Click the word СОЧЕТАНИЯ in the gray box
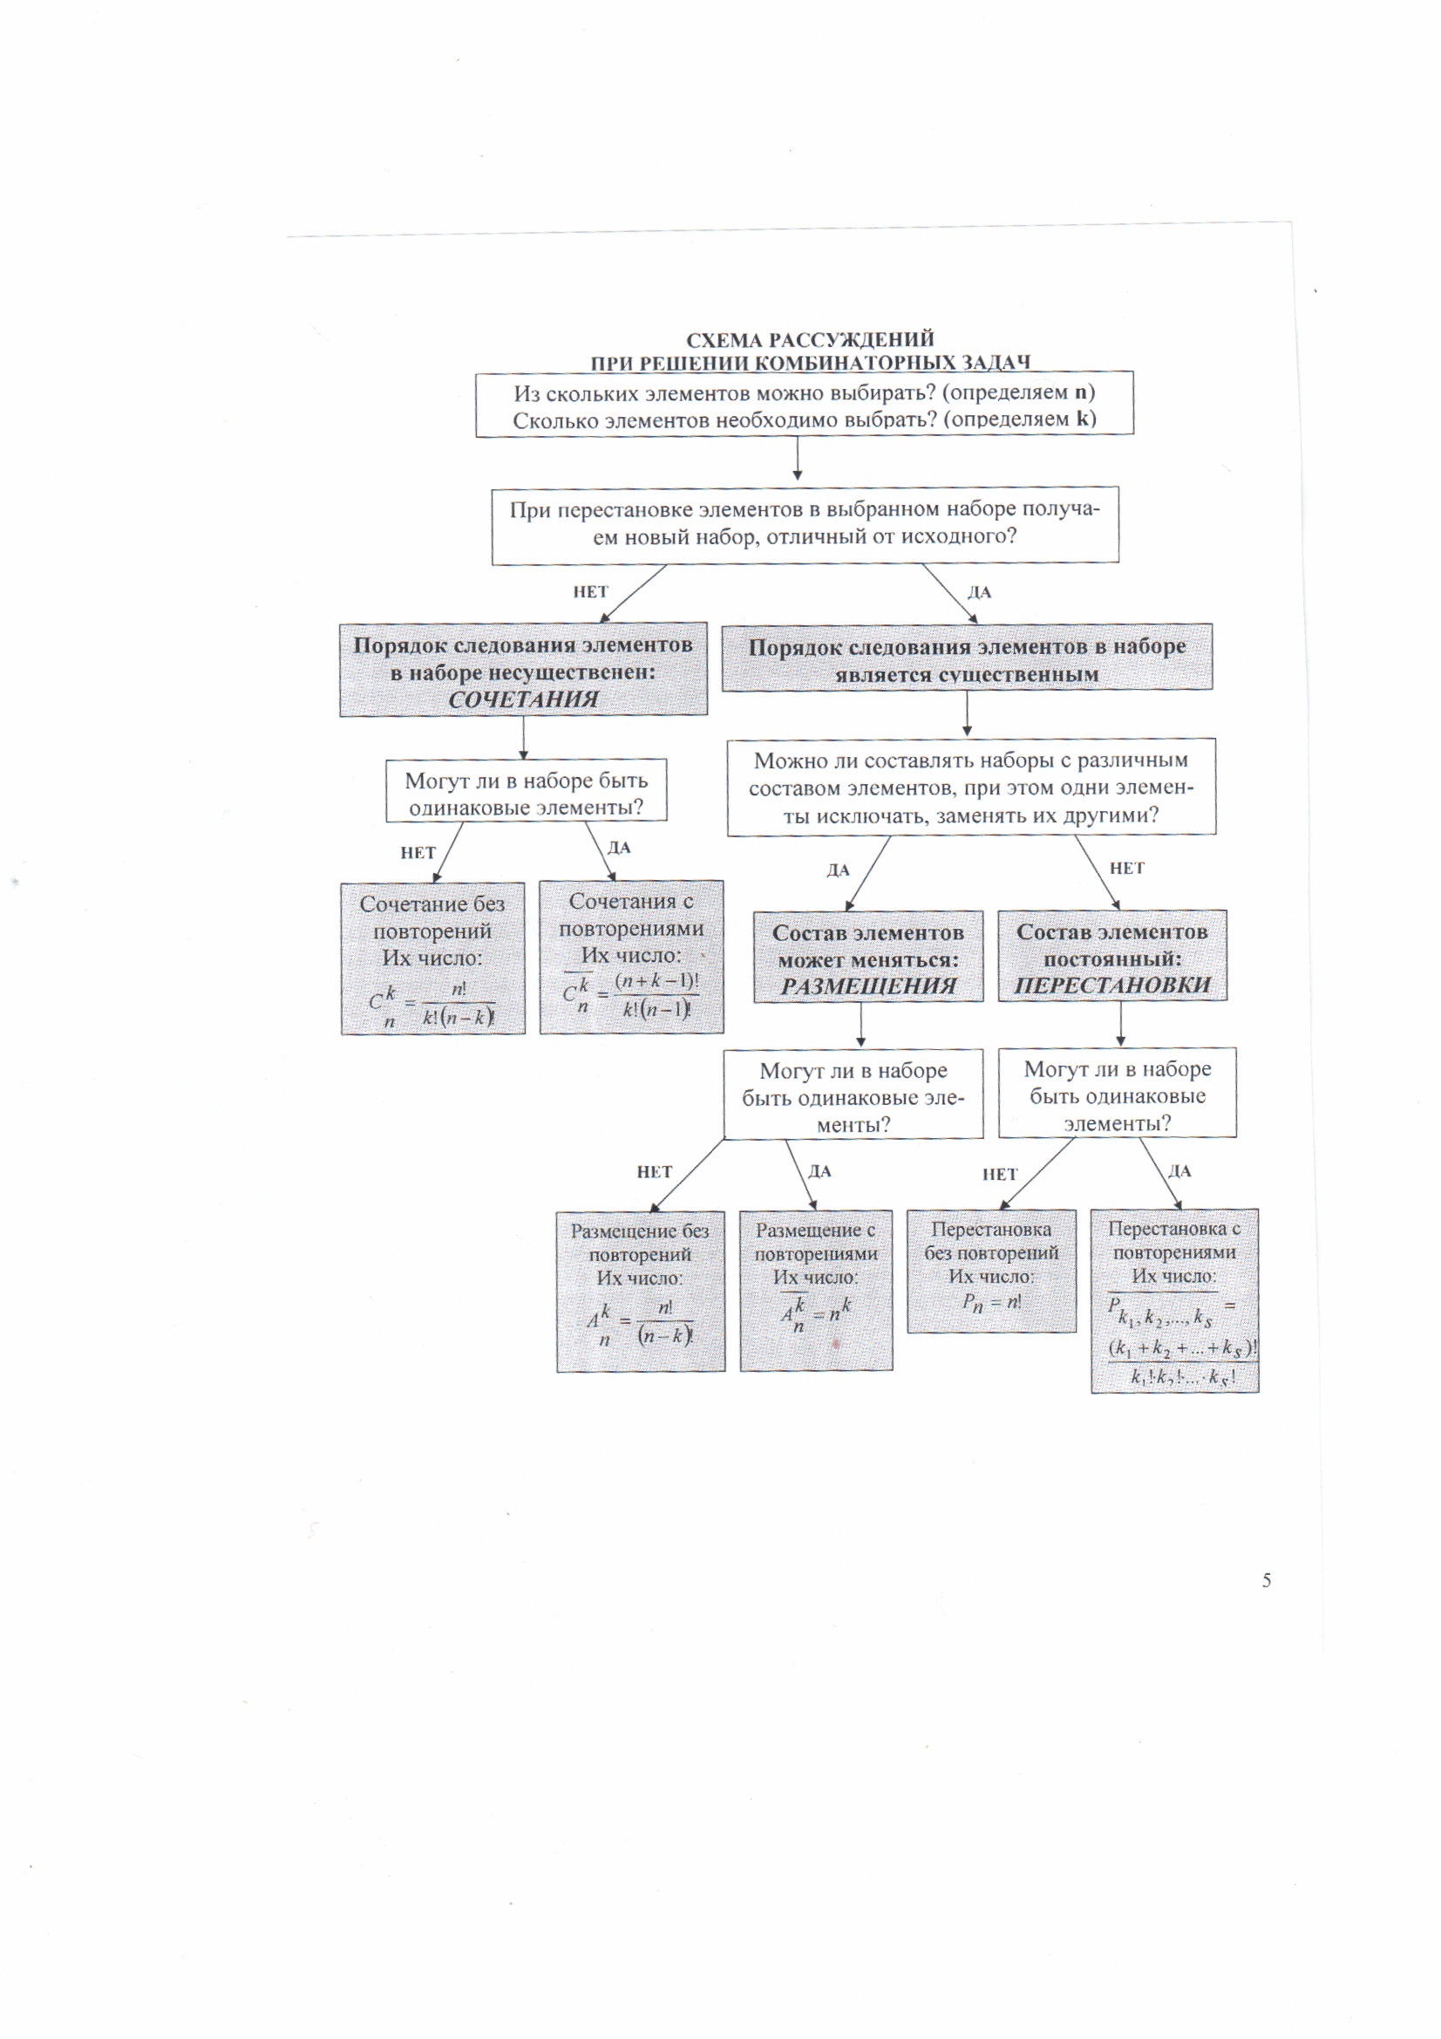523,699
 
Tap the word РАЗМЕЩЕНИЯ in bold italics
868,985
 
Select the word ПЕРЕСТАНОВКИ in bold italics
1112,985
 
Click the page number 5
1266,1580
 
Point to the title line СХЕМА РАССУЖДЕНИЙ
810,339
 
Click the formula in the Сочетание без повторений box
432,1006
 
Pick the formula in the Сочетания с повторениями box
631,997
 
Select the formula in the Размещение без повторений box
639,1323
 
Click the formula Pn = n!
992,1303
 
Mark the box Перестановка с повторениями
1173,1300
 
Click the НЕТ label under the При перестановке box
590,592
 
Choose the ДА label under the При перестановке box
978,592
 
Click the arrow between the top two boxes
798,458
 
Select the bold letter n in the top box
1080,392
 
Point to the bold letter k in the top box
1082,419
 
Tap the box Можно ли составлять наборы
970,787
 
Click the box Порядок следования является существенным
966,658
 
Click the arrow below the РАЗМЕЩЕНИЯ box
860,1025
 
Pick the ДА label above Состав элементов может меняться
838,870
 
